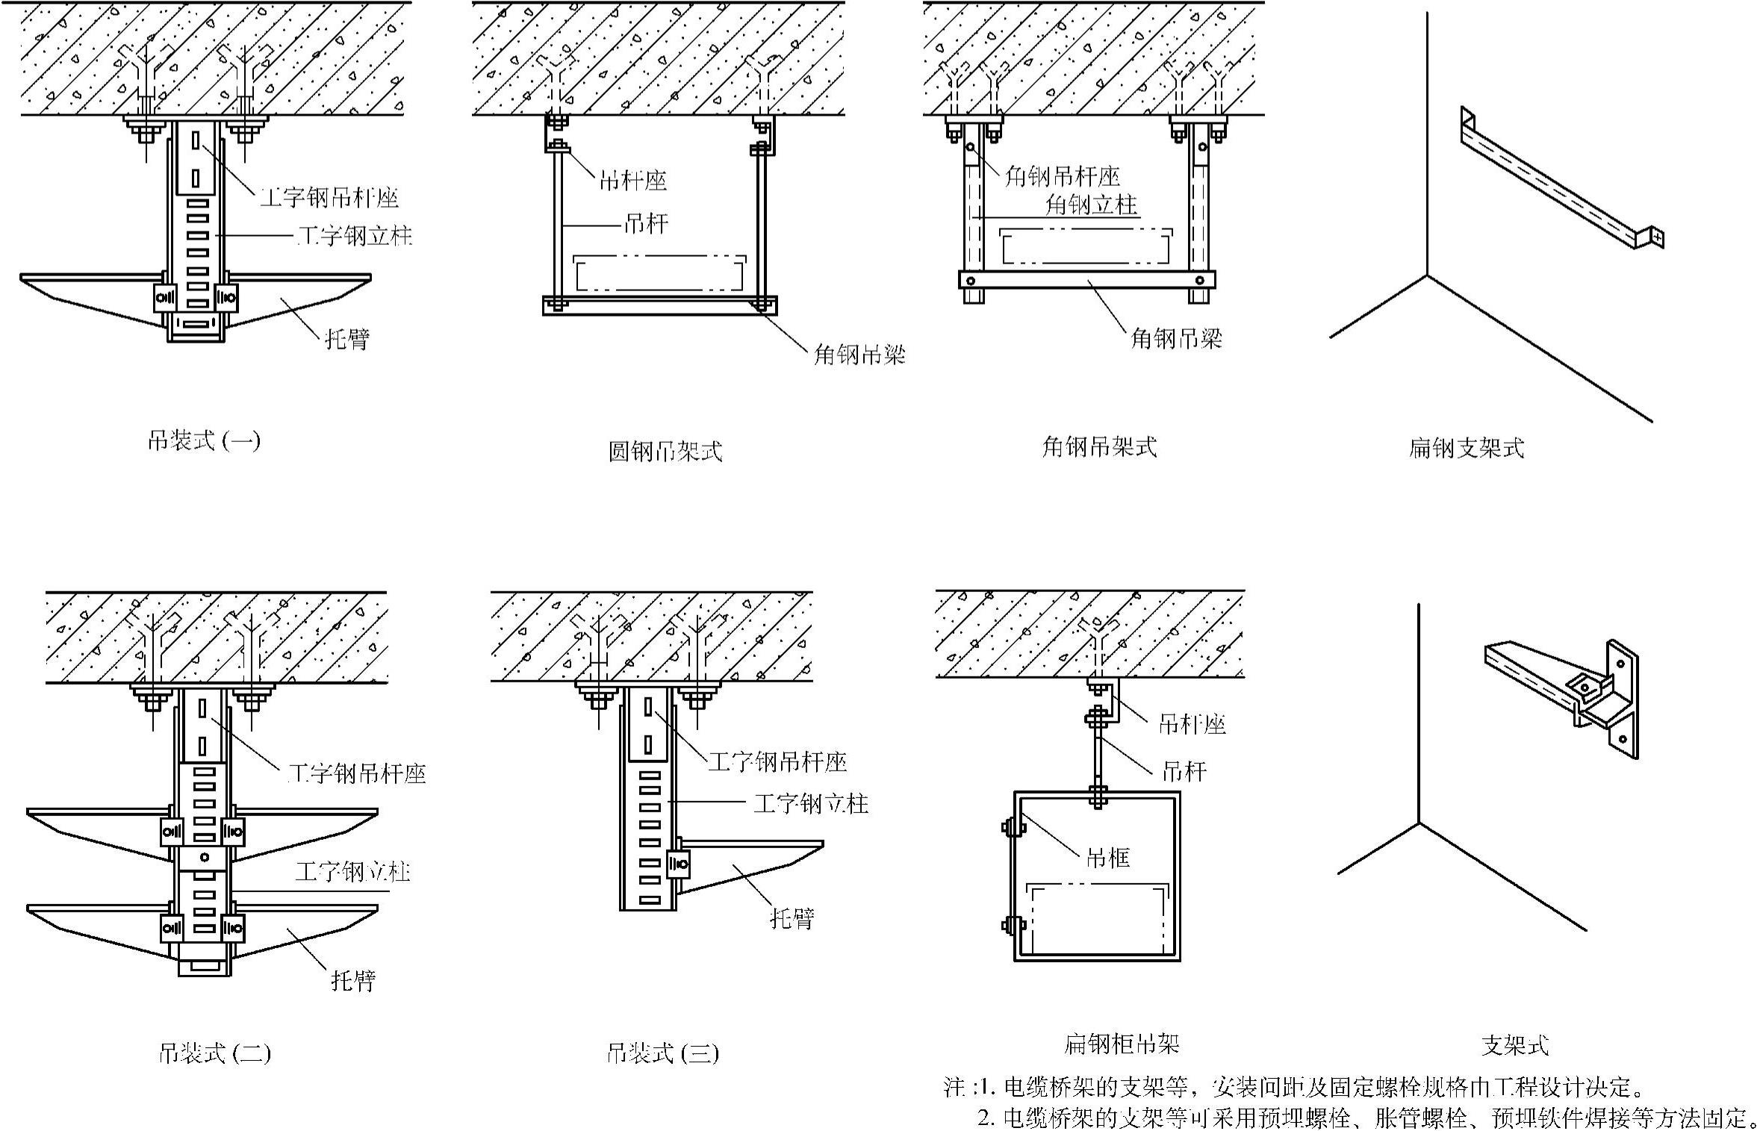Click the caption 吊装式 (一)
[x=204, y=440]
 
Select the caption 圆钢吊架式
[x=665, y=451]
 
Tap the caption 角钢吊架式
[x=1100, y=446]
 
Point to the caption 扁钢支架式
[x=1467, y=447]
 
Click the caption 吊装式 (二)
[x=215, y=1053]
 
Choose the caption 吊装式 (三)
[x=663, y=1053]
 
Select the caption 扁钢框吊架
[x=1122, y=1043]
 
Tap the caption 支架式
[x=1515, y=1045]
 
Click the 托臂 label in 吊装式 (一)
[x=347, y=339]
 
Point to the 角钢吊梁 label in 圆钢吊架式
[x=859, y=354]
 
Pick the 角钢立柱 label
[x=1092, y=204]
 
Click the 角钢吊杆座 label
[x=1063, y=176]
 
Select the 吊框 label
[x=1108, y=858]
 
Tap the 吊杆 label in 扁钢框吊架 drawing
[x=1184, y=770]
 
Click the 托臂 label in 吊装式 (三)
[x=792, y=917]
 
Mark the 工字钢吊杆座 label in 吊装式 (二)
[x=357, y=773]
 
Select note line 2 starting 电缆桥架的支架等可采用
[x=1366, y=1118]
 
